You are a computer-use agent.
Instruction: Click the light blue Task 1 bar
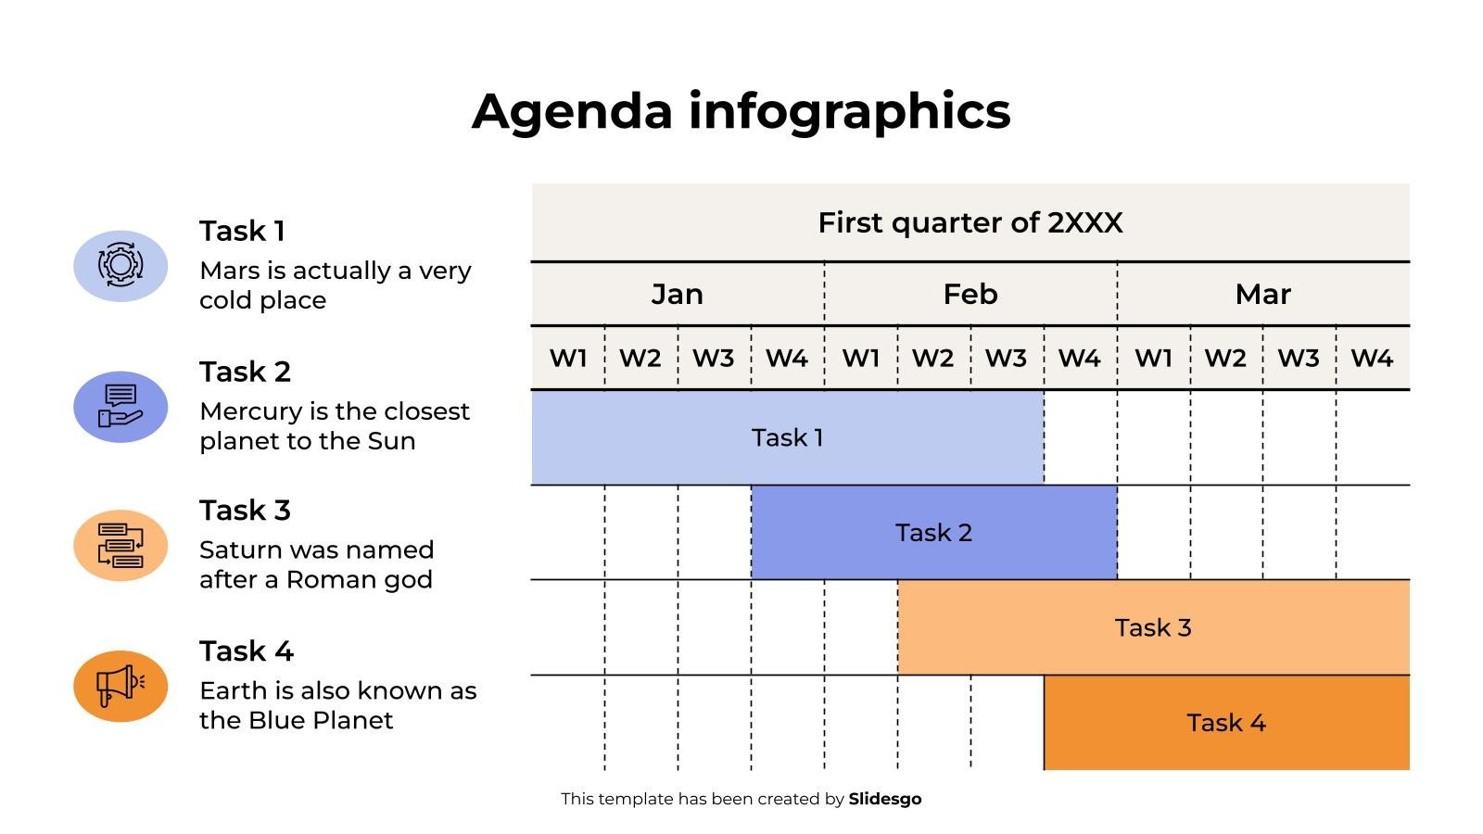[787, 437]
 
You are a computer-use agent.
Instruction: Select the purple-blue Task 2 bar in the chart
[934, 533]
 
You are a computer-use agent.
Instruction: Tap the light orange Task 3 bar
[1153, 627]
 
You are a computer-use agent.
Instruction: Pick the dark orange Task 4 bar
[1227, 723]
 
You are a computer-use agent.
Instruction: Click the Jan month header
[678, 294]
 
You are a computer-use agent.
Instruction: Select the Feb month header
[970, 294]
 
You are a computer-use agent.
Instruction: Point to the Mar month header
[1263, 294]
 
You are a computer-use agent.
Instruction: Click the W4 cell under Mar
[1373, 358]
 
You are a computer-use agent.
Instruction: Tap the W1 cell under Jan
[568, 358]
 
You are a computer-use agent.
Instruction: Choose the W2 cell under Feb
[933, 358]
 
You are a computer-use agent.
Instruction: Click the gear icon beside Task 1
[120, 265]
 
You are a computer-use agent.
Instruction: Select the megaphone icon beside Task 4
[120, 686]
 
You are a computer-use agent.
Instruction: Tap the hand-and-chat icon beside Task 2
[120, 407]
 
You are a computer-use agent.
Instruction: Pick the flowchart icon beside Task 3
[120, 546]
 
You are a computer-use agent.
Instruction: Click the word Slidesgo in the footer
[885, 799]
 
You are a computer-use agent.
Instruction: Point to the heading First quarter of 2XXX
[970, 222]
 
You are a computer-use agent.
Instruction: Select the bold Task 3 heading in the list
[245, 511]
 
